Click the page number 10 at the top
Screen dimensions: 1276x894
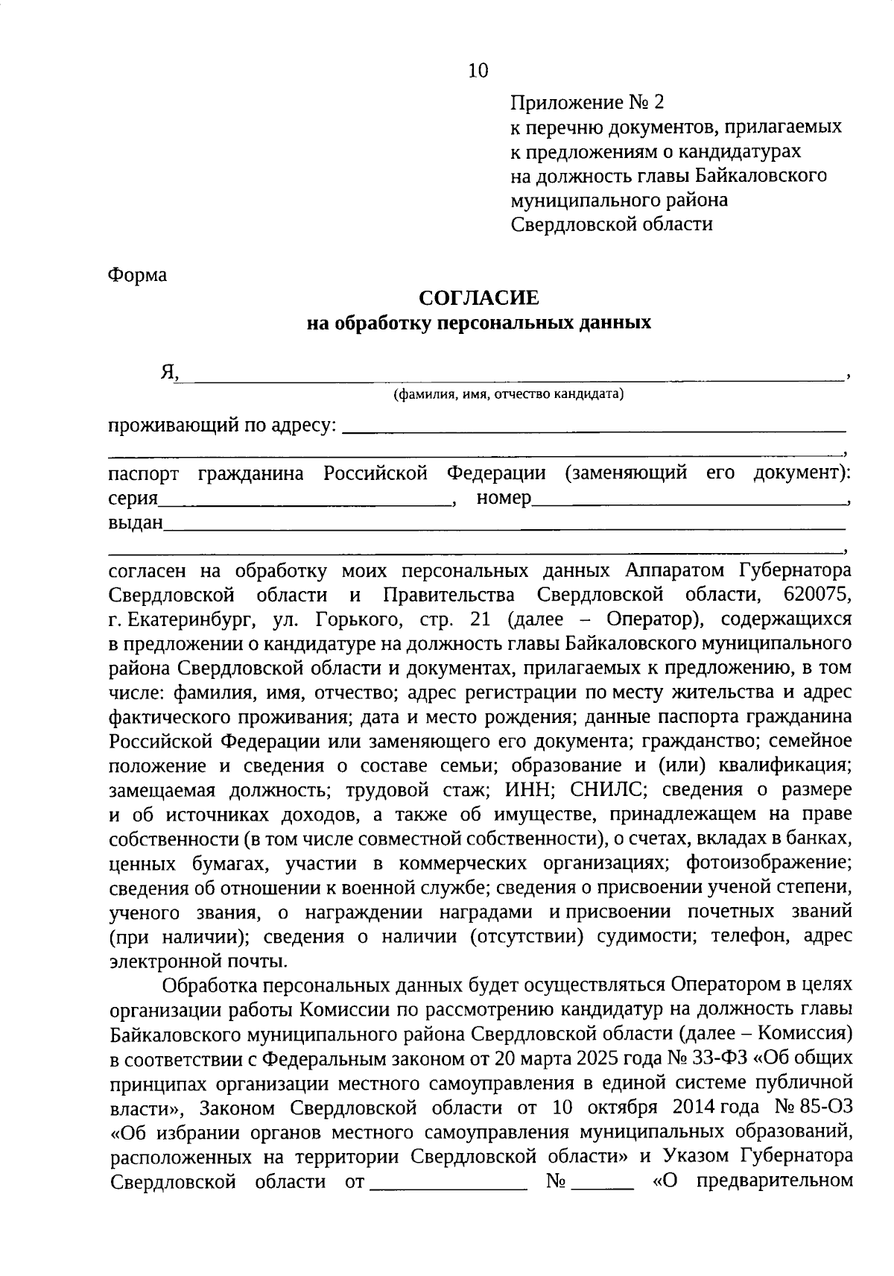tap(478, 71)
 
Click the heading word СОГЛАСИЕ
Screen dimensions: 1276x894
tap(478, 298)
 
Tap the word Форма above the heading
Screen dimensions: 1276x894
tap(138, 275)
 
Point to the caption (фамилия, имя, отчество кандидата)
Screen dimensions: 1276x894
tap(509, 394)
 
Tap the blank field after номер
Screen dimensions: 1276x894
tap(689, 500)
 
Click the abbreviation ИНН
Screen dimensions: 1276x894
tap(528, 789)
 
